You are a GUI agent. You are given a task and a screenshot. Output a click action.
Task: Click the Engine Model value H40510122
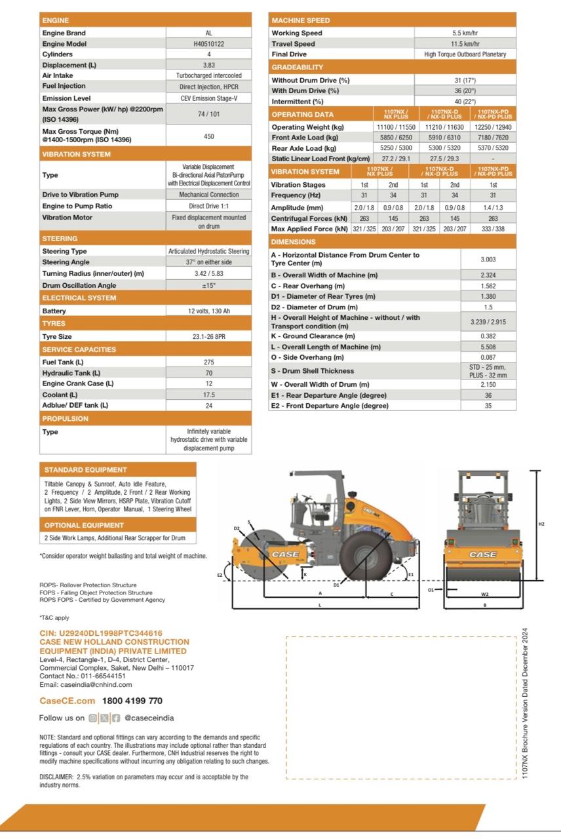pos(208,44)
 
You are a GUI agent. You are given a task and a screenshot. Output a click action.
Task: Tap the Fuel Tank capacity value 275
pos(208,362)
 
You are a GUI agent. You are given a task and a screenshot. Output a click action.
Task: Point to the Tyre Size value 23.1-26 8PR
pos(208,336)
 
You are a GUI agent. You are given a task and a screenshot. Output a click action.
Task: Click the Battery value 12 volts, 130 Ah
pos(208,311)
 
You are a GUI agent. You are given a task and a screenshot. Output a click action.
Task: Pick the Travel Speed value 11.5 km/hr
pos(465,44)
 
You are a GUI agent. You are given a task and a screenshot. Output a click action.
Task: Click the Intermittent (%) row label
pos(298,102)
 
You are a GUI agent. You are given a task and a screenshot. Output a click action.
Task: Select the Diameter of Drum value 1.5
pos(488,307)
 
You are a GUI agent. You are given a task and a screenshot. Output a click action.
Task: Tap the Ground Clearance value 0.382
pos(488,336)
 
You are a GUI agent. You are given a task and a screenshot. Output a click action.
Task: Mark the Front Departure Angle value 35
pos(488,406)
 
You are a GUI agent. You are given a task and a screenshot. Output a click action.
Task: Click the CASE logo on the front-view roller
pos(482,555)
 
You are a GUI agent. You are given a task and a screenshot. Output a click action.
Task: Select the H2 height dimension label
pos(541,524)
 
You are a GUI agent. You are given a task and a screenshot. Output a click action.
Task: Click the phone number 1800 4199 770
pos(132,701)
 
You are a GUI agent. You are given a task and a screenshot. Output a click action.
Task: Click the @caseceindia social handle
pos(149,718)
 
